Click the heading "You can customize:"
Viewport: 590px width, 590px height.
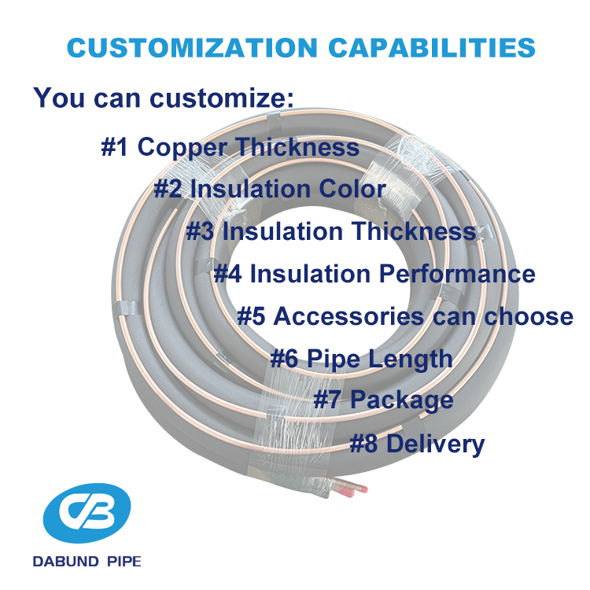click(x=163, y=98)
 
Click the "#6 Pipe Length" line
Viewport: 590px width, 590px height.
click(x=361, y=360)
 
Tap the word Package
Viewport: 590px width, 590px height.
click(x=401, y=400)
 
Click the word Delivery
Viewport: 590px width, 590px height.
click(x=435, y=444)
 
